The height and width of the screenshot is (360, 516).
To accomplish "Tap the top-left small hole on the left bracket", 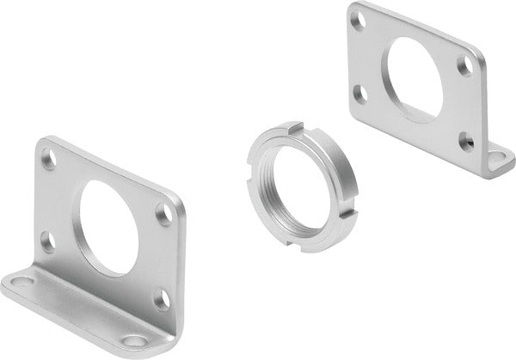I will pyautogui.click(x=49, y=160).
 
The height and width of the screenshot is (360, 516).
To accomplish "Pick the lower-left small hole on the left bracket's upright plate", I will pyautogui.click(x=47, y=243).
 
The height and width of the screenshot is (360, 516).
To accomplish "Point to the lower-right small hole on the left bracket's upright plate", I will pyautogui.click(x=161, y=298).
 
